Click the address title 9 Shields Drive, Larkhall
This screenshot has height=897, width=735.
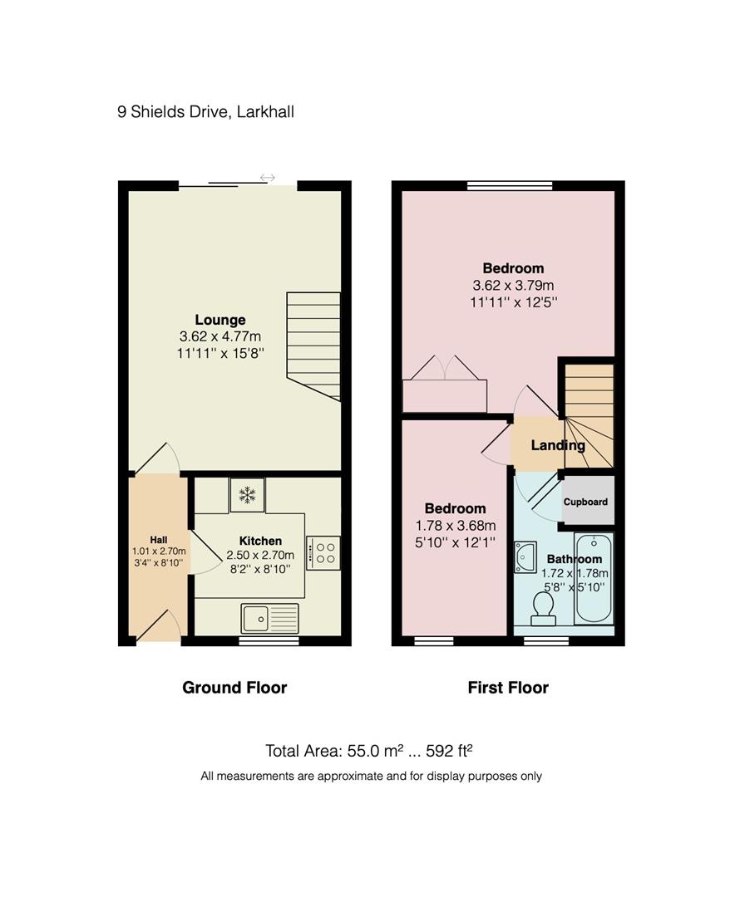pos(205,111)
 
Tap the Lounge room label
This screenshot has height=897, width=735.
pos(220,320)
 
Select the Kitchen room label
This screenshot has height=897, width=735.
pos(261,541)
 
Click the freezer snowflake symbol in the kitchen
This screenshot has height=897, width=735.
pos(247,495)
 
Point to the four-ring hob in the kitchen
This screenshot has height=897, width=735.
pos(323,553)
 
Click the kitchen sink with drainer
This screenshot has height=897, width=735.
pos(269,619)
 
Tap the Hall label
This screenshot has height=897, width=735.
pos(158,539)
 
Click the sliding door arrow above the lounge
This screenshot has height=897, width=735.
pos(267,178)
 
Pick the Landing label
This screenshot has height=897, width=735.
pos(558,445)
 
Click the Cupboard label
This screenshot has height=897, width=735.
pos(585,502)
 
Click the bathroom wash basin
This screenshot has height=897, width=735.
pos(525,557)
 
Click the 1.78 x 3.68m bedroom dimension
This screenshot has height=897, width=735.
pos(455,526)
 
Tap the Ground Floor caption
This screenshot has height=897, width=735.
pos(234,688)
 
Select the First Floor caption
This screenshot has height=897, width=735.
pos(508,688)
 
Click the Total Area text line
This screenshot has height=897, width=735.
pos(369,751)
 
